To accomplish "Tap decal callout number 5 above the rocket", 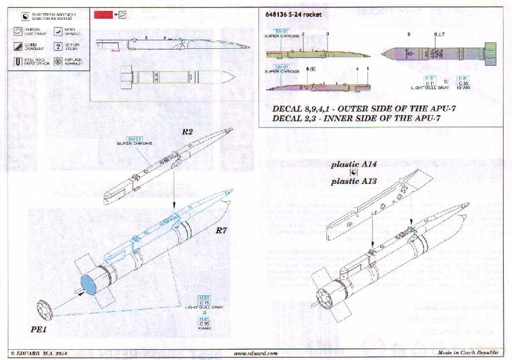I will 406,33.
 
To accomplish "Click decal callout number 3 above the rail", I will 328,32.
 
